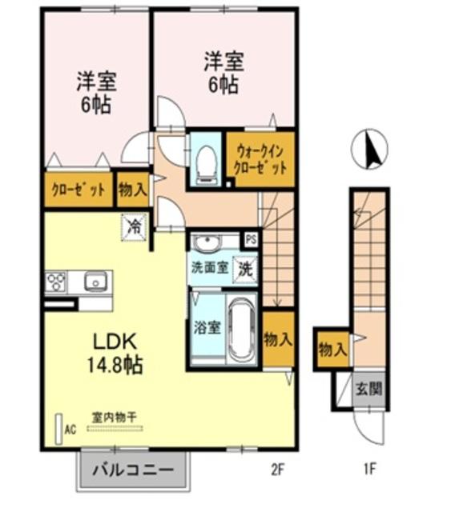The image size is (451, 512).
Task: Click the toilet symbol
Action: click(x=206, y=165)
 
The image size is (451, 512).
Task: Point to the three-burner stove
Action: click(x=56, y=282)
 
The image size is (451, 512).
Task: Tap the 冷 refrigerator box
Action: click(x=134, y=227)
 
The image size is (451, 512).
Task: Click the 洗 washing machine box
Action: click(x=244, y=269)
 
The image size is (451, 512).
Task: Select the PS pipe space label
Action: click(x=251, y=240)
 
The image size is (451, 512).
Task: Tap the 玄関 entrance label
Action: click(x=369, y=389)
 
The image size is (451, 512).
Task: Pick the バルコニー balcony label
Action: click(x=133, y=470)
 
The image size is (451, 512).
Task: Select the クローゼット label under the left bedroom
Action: click(x=79, y=190)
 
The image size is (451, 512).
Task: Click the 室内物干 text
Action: click(x=114, y=418)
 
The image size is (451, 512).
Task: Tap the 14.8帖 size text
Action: click(x=115, y=365)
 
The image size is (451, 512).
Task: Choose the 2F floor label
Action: click(x=277, y=470)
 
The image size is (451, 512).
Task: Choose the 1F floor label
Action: click(x=369, y=470)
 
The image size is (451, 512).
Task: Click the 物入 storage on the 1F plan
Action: click(x=332, y=350)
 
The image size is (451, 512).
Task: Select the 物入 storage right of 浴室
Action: click(x=278, y=339)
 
